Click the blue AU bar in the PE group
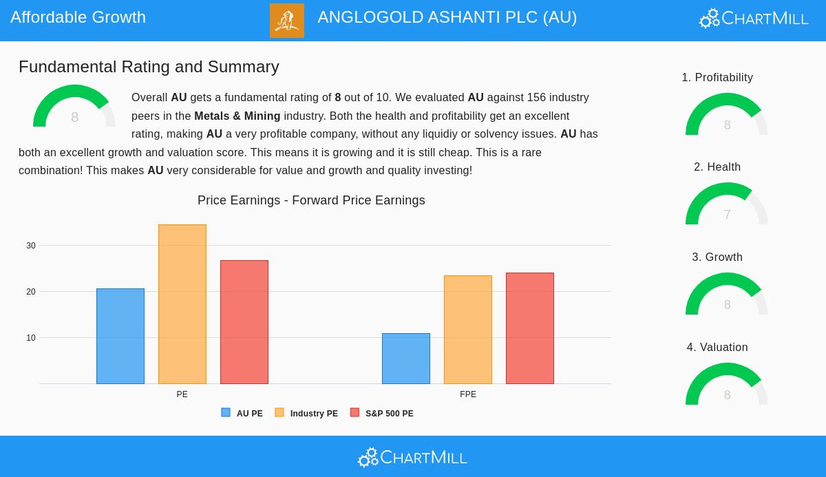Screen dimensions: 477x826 (120, 336)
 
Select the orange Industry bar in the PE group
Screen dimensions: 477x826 (182, 304)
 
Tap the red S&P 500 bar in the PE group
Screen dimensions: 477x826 (244, 322)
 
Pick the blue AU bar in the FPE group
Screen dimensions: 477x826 (406, 359)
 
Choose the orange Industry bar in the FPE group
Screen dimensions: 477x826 (468, 330)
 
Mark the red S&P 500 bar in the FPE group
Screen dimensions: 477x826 (530, 328)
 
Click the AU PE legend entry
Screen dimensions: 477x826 (242, 414)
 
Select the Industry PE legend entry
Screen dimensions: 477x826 (307, 414)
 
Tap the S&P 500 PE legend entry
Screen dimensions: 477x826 (382, 414)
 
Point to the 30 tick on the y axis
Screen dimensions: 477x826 (31, 246)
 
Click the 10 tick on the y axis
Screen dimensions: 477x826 (31, 338)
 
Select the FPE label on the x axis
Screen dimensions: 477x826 (468, 394)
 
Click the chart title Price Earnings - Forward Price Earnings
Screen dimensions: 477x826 (311, 200)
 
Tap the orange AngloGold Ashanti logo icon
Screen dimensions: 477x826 (287, 21)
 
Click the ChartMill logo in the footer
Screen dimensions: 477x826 (412, 457)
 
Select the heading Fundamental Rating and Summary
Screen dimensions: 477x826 (149, 67)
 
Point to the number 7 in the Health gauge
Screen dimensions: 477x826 (727, 215)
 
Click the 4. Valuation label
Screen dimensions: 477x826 (717, 348)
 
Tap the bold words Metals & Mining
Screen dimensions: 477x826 (237, 116)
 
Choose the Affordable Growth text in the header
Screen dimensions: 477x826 (78, 17)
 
